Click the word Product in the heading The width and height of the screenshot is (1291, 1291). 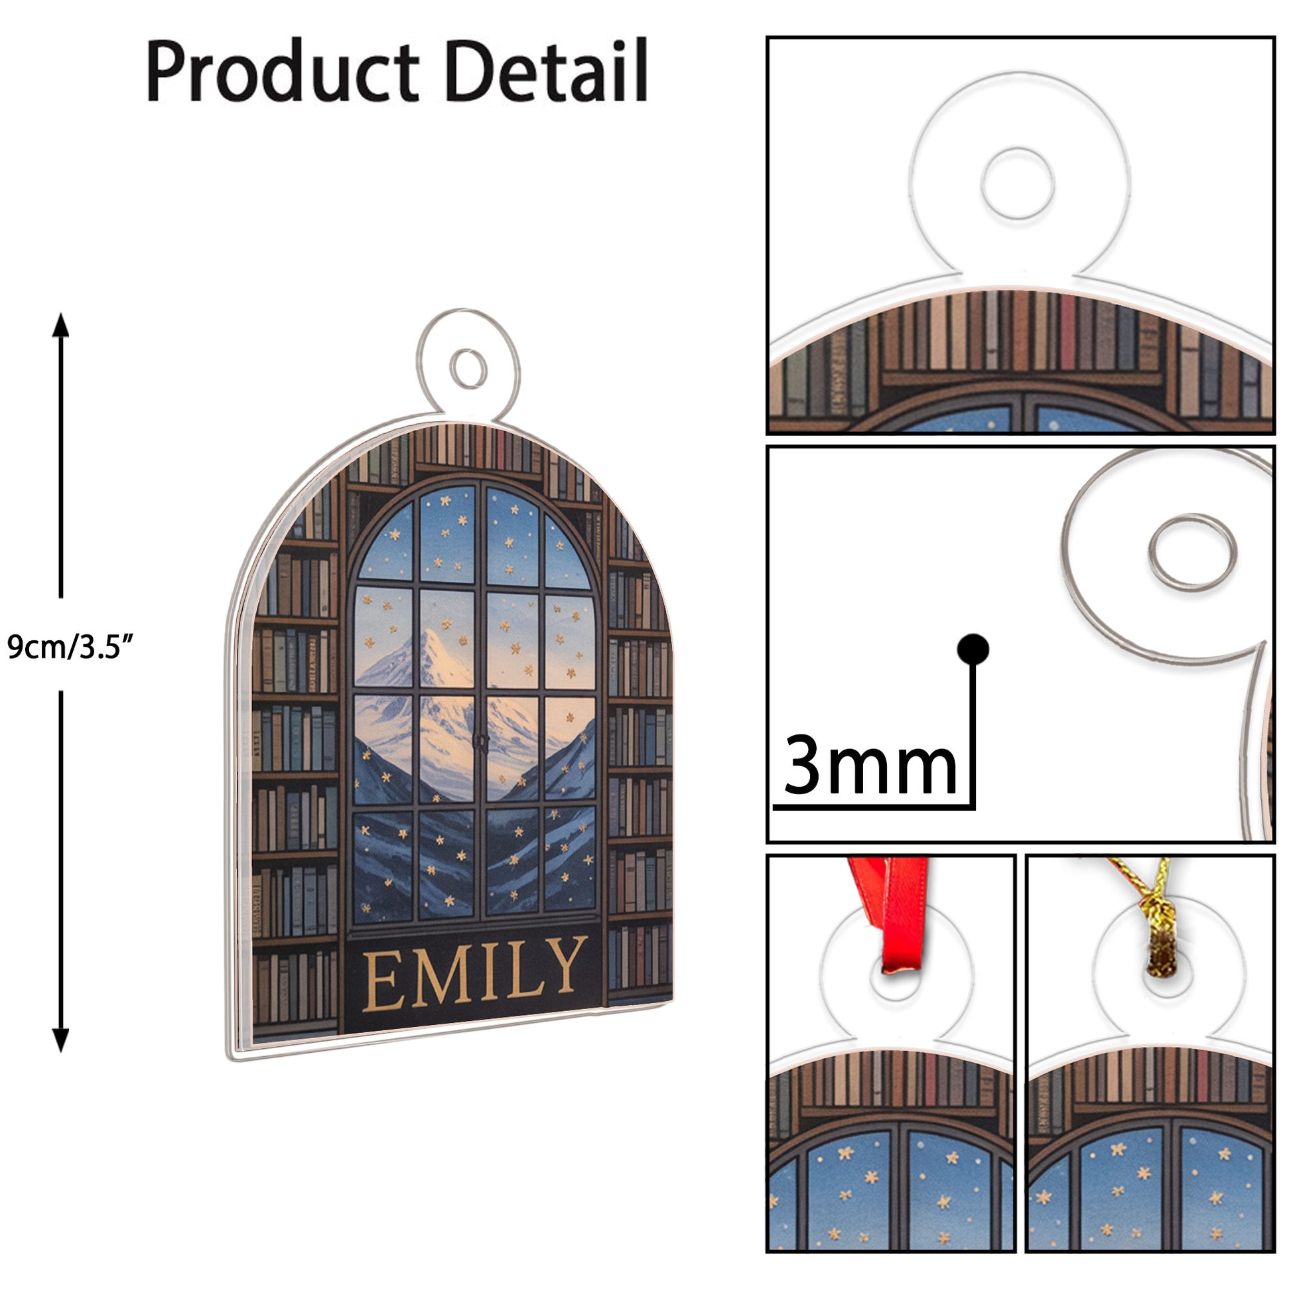tap(283, 71)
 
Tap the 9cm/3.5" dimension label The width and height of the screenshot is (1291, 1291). tap(71, 646)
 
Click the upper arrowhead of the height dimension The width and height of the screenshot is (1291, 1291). tap(61, 326)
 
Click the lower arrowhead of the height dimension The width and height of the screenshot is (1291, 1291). tap(61, 1039)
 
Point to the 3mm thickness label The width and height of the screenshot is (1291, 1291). tap(870, 765)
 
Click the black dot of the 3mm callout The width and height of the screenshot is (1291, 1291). tap(973, 649)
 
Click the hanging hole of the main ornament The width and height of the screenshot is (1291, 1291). tap(468, 368)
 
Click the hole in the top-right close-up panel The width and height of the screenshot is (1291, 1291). tap(1018, 183)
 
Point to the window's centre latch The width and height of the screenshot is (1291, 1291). tap(480, 741)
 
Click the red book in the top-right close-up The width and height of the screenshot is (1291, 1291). tap(1067, 332)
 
